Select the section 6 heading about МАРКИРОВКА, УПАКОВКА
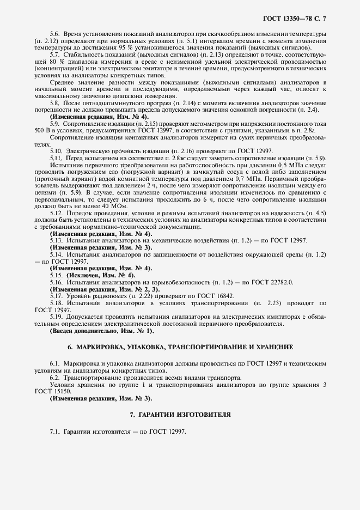180,347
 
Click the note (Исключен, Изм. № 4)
93,275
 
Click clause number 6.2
55,378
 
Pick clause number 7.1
55,432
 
